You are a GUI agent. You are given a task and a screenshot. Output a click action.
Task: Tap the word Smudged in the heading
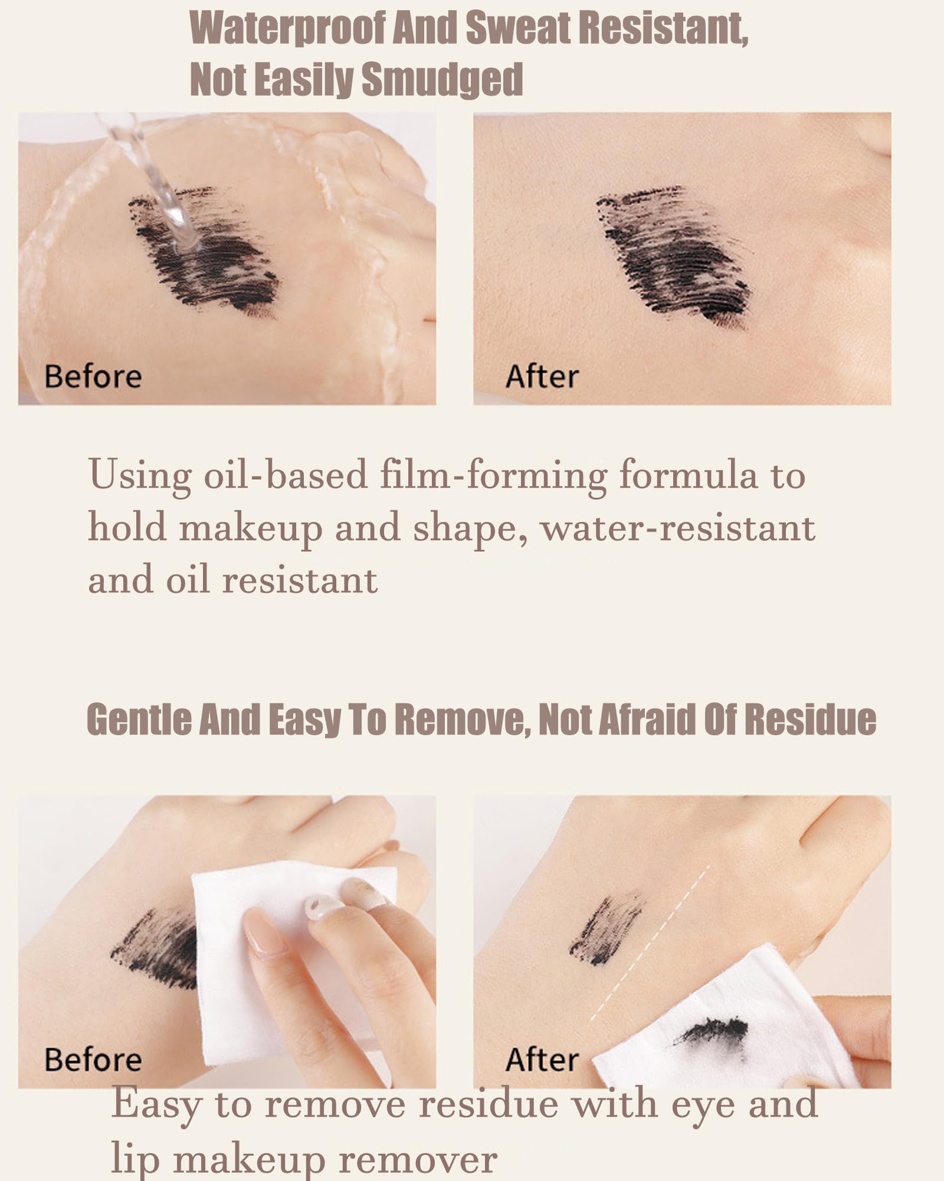pos(442,79)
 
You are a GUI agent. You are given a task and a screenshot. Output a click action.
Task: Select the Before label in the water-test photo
pos(93,377)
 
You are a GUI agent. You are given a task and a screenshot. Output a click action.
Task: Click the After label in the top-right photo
pos(542,377)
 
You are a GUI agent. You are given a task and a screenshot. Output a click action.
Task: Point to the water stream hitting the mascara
pos(156,183)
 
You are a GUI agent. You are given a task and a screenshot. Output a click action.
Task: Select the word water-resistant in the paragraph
pos(678,527)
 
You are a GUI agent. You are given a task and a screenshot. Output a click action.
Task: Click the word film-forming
pos(493,476)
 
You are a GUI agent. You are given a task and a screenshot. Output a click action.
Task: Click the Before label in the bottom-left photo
pos(93,1059)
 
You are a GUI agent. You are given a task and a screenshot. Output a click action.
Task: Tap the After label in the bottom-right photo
pos(542,1059)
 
